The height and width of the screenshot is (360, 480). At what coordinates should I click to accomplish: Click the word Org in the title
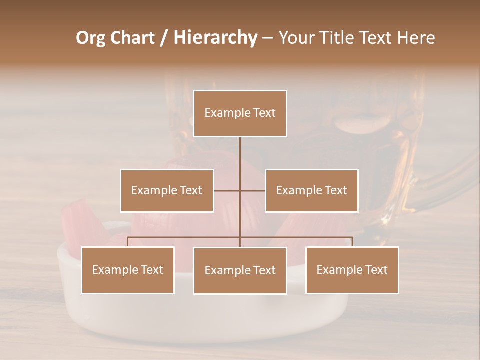click(90, 38)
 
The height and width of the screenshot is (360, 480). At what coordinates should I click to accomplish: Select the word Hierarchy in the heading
click(215, 38)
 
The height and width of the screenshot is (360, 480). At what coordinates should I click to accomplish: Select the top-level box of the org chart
click(240, 113)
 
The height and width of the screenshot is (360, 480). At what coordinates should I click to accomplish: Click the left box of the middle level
click(167, 190)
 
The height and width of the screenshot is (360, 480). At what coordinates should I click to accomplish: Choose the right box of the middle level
click(311, 190)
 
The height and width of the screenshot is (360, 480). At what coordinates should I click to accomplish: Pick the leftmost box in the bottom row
click(127, 270)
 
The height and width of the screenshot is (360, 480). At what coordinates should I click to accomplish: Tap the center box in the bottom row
click(240, 270)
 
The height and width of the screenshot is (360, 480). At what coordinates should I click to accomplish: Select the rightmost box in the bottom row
click(352, 270)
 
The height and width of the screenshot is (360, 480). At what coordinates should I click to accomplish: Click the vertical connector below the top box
click(240, 160)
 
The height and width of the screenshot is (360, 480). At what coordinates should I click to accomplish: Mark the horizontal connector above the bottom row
click(185, 237)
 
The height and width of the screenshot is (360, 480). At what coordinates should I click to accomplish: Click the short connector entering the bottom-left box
click(127, 242)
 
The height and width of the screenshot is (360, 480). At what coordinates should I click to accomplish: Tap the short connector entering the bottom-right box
click(352, 242)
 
